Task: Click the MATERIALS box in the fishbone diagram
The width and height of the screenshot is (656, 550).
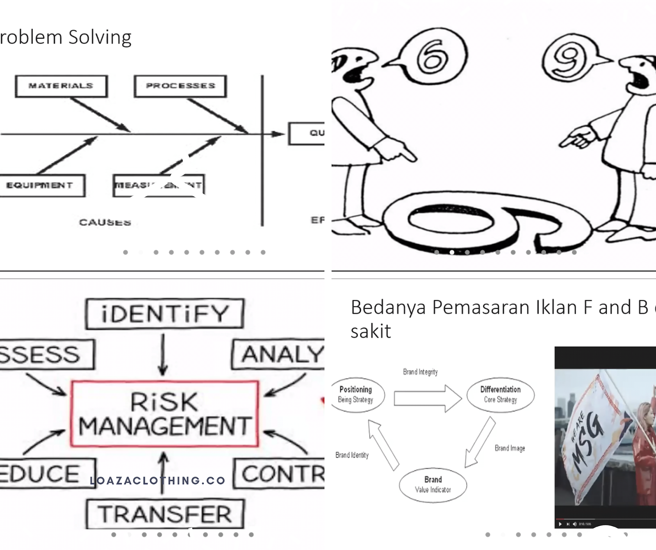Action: coord(61,86)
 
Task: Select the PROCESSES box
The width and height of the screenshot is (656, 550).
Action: coord(180,86)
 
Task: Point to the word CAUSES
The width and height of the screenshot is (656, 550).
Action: coord(105,222)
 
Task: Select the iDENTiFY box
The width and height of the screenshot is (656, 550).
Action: coord(165,314)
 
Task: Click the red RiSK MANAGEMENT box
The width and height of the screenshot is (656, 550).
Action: coord(164,413)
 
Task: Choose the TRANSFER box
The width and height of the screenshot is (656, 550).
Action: coord(165,514)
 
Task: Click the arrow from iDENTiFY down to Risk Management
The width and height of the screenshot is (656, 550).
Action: coord(163,354)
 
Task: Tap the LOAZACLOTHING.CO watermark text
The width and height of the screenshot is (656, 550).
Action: coord(157,480)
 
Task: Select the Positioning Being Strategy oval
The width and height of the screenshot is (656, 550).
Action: coord(355,395)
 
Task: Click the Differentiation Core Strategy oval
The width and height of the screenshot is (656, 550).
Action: coord(500,394)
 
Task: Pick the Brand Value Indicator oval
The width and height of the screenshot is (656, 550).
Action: coord(433,484)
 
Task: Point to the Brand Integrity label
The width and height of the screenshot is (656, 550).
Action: coord(420,372)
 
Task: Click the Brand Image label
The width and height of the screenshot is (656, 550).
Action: coord(510,448)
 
